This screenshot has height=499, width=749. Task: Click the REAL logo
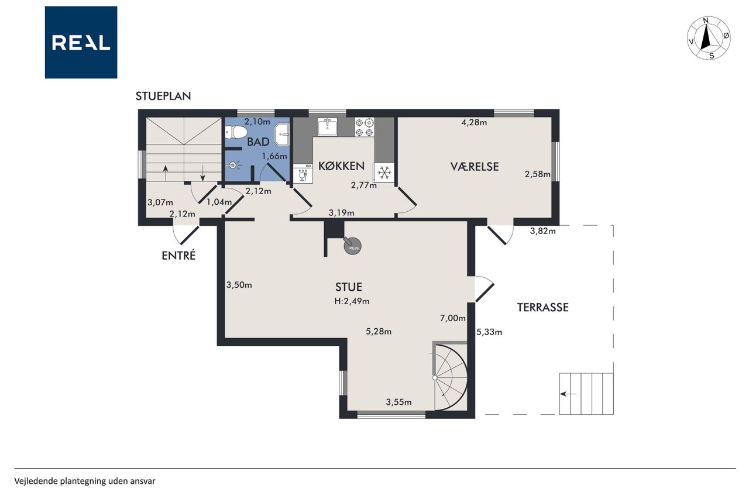point(81,43)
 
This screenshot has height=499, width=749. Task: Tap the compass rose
point(709,39)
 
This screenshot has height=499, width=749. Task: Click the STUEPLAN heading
point(163,97)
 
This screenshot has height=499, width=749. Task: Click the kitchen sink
point(327,127)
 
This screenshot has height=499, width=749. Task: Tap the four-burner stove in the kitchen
point(364,128)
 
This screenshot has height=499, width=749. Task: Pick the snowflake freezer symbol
point(384,173)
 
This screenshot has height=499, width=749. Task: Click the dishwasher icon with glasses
point(303,174)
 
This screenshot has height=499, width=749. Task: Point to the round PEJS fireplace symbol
point(352,246)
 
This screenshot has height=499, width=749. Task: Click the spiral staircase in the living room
point(450,378)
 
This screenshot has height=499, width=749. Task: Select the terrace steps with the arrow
point(586,394)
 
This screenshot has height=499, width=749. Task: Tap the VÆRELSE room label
point(475,167)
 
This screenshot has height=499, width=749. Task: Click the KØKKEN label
point(341,166)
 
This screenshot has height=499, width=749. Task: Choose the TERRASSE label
point(542,308)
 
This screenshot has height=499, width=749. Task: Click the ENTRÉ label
point(178,256)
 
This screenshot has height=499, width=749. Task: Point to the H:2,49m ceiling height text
point(352,301)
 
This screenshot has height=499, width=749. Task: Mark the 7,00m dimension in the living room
point(453,318)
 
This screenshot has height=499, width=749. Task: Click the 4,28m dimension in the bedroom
point(474,123)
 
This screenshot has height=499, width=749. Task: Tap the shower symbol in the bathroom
point(233,165)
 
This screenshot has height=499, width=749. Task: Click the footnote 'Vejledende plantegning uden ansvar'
point(85,481)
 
